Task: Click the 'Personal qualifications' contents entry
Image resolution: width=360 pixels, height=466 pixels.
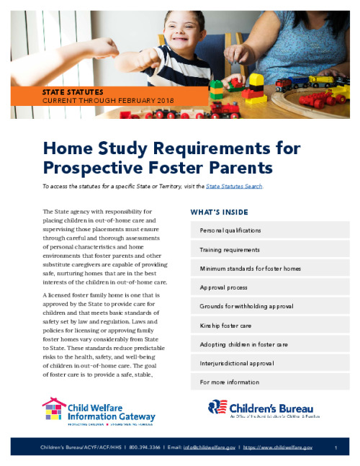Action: [230, 230]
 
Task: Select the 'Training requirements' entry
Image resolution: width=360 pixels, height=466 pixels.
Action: [229, 249]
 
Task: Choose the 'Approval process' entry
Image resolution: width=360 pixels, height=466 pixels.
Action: [222, 287]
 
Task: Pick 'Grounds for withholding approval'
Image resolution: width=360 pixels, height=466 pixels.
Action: [246, 306]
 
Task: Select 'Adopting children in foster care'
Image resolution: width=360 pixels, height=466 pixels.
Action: [244, 344]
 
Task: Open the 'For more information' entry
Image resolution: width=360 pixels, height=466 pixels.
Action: [229, 382]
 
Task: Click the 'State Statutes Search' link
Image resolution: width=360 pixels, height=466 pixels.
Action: [234, 187]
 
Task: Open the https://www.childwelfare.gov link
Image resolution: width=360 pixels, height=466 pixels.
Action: [278, 448]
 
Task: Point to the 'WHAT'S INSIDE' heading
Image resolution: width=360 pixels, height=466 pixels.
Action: [219, 212]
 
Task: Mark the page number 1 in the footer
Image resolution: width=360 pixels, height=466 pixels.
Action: [337, 448]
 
